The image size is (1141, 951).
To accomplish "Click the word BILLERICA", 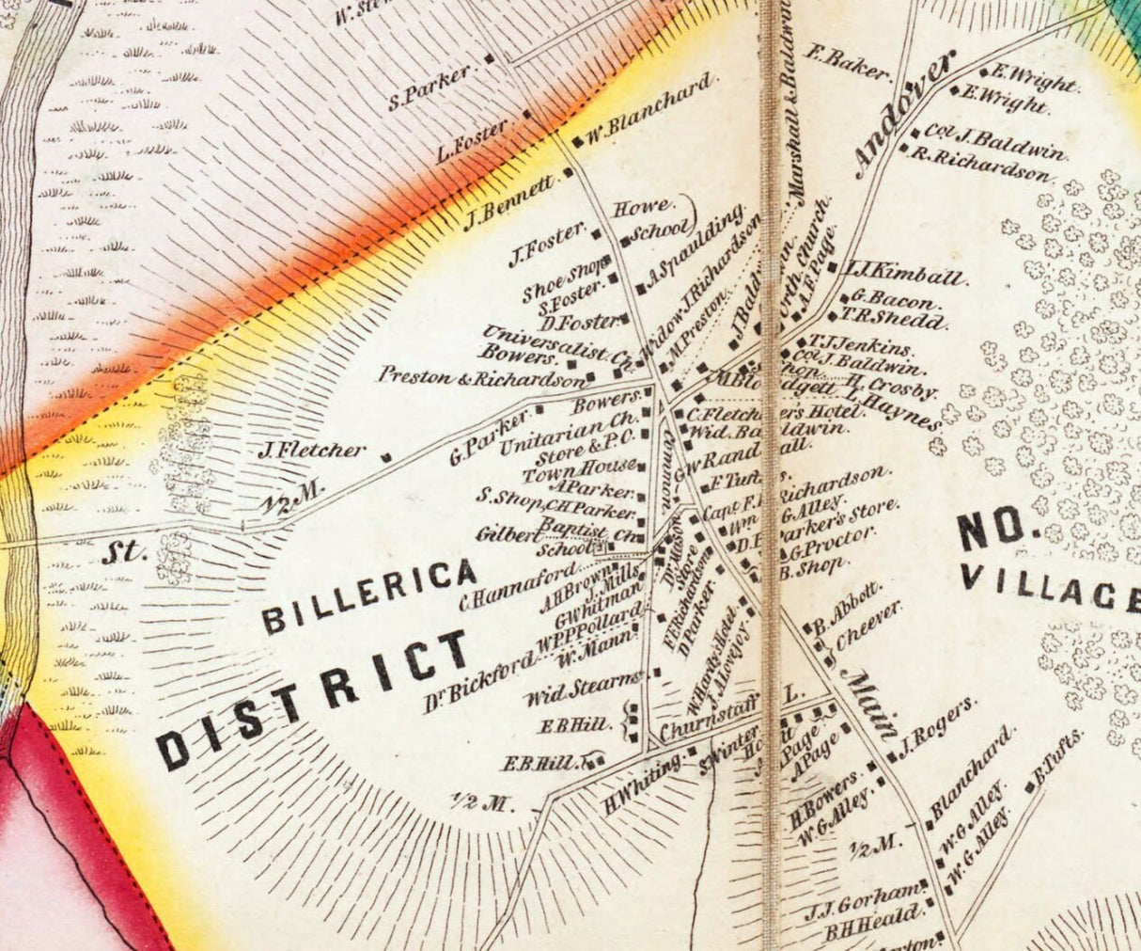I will point(368,594).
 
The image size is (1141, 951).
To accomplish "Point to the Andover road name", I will point(904,114).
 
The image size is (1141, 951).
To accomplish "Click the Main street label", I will point(870,704).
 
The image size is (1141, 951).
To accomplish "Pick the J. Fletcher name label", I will point(311,451).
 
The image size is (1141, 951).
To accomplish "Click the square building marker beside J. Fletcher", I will point(385,458).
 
